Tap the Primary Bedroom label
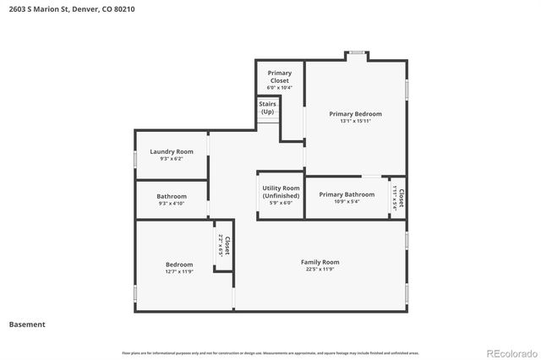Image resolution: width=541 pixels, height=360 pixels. [x=355, y=114]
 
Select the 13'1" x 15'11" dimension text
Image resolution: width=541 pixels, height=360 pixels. [x=355, y=122]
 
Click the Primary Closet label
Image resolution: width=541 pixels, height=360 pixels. [x=279, y=77]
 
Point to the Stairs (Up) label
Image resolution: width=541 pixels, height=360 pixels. [x=268, y=108]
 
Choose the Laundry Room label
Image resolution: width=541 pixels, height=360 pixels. [x=171, y=152]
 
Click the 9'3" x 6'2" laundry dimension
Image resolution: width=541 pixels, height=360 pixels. [x=171, y=159]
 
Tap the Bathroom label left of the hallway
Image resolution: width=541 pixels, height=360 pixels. [x=171, y=196]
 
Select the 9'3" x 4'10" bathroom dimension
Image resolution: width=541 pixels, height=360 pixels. [x=171, y=204]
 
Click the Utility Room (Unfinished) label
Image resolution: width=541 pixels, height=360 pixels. [x=281, y=192]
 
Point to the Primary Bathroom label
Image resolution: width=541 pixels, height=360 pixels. [x=347, y=194]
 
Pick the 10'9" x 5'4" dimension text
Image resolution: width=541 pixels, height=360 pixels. [x=347, y=202]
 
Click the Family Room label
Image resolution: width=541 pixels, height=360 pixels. [x=320, y=262]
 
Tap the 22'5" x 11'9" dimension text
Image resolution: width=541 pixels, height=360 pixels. [x=320, y=270]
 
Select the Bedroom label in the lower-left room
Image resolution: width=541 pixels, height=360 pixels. [x=178, y=265]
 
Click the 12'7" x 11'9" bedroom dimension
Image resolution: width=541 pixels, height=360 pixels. [x=178, y=272]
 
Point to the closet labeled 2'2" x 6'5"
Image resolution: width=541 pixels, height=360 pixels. [x=223, y=246]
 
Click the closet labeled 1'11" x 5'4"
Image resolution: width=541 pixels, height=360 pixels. [x=398, y=198]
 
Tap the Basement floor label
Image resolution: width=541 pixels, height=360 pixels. [x=27, y=325]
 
